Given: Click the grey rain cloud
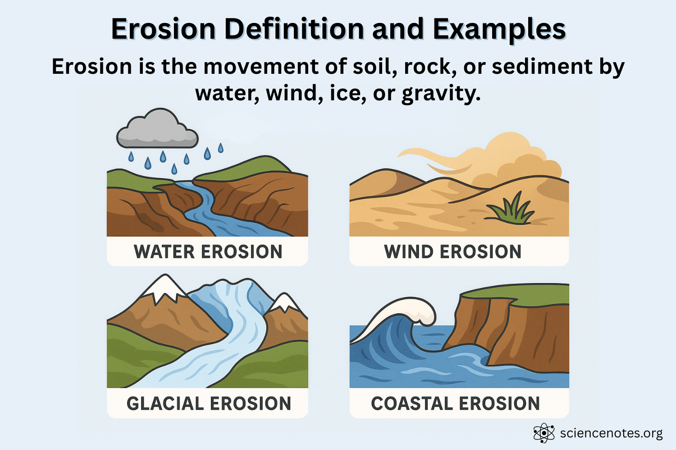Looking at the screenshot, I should click(x=157, y=130).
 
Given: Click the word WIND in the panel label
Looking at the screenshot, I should click(x=408, y=252).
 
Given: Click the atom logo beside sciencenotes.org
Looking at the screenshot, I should click(x=544, y=433).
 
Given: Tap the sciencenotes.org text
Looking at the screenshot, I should click(x=611, y=433).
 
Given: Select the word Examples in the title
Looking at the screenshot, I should click(x=499, y=29).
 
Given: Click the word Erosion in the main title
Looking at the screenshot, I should click(x=163, y=29).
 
